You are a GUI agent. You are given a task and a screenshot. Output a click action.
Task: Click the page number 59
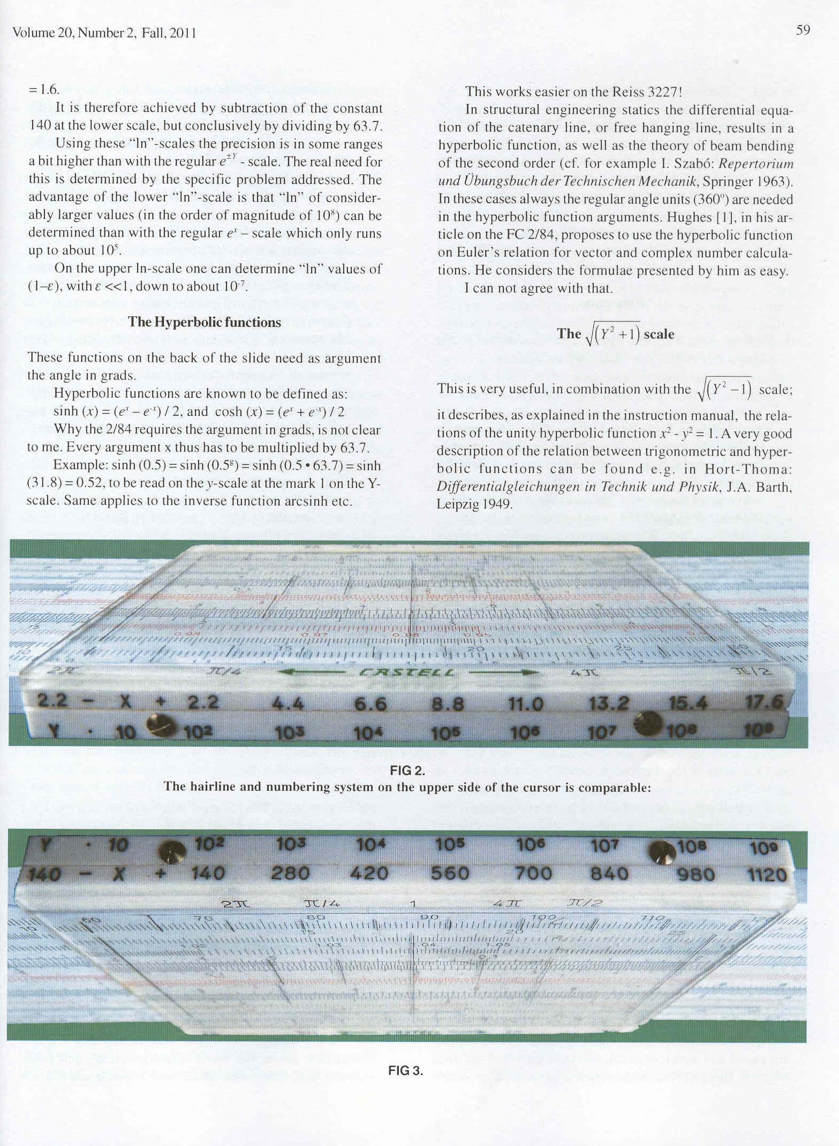point(803,30)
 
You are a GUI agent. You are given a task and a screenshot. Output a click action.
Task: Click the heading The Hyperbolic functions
point(205,322)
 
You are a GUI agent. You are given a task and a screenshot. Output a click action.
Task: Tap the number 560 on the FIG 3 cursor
point(450,873)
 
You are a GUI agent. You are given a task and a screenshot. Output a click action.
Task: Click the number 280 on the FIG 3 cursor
point(291,873)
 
